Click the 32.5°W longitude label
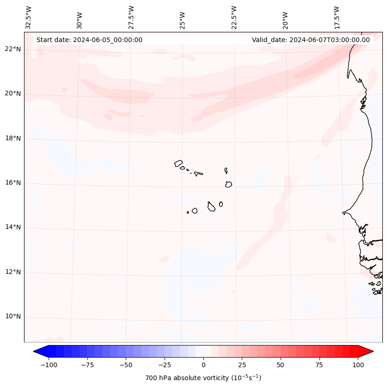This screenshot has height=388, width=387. pyautogui.click(x=29, y=17)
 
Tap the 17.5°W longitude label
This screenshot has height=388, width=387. pyautogui.click(x=337, y=17)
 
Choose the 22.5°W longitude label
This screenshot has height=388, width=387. pyautogui.click(x=234, y=17)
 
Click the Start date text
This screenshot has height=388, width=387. pyautogui.click(x=89, y=40)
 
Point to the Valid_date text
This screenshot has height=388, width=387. pyautogui.click(x=311, y=40)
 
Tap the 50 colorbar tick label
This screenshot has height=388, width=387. pyautogui.click(x=281, y=365)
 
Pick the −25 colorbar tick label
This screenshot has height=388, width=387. pyautogui.click(x=165, y=365)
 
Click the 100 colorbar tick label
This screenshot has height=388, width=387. pyautogui.click(x=357, y=365)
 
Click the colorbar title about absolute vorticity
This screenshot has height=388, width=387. pyautogui.click(x=203, y=378)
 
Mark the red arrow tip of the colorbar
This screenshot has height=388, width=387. pyautogui.click(x=372, y=351)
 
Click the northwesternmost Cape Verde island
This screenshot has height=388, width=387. pyautogui.click(x=178, y=163)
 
